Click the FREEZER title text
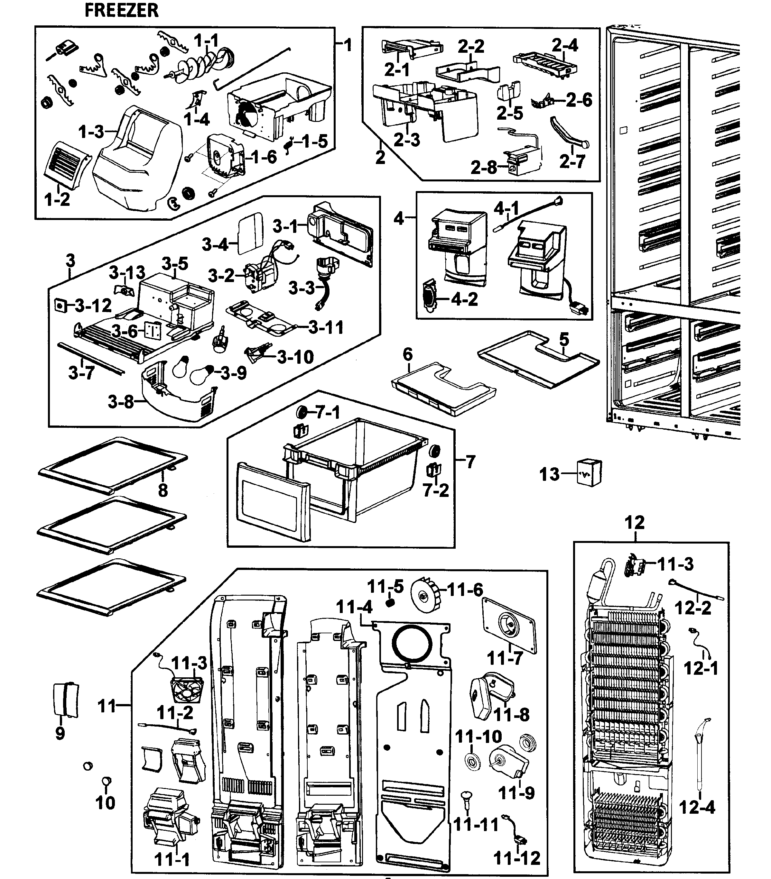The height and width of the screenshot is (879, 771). tap(122, 10)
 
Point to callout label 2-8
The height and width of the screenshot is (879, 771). tap(484, 167)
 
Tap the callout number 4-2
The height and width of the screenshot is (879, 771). tap(464, 298)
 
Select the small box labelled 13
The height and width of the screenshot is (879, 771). tap(590, 472)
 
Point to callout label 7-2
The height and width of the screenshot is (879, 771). tap(435, 490)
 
